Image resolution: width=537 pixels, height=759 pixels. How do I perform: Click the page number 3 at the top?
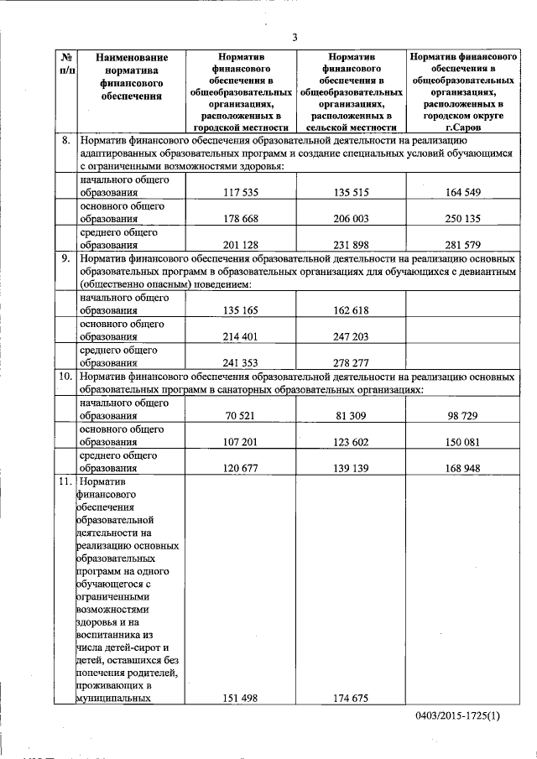click(x=295, y=37)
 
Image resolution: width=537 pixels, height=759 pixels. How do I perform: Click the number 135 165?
click(x=242, y=309)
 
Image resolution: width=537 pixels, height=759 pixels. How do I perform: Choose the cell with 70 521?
click(x=242, y=415)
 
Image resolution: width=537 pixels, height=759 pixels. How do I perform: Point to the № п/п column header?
click(x=66, y=64)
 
